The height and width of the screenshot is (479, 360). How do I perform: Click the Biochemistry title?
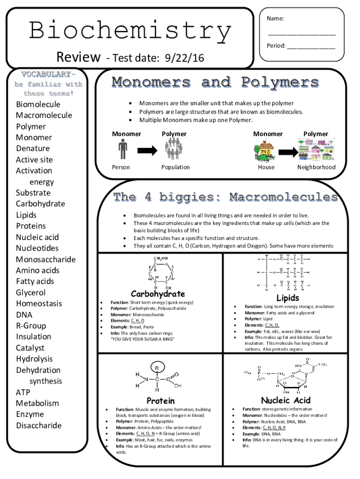click(x=130, y=32)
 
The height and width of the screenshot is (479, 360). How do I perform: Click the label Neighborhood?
click(x=316, y=167)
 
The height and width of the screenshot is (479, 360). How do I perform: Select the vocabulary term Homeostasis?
click(x=39, y=304)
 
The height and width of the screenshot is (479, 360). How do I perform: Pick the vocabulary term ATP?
click(x=23, y=392)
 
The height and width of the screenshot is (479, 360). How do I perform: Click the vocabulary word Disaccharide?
click(x=39, y=426)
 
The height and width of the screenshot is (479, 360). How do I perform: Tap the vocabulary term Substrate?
click(x=33, y=193)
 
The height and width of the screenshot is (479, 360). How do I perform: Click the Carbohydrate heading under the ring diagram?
click(x=158, y=294)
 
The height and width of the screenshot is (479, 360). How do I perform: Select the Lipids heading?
click(x=288, y=298)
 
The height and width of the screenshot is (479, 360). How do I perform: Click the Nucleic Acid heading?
click(x=286, y=400)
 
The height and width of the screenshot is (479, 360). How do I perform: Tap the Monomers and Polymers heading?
click(x=215, y=83)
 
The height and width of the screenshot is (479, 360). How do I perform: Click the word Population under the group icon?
click(x=175, y=167)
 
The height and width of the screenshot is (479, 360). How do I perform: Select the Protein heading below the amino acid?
click(x=161, y=400)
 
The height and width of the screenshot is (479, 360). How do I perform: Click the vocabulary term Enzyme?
click(x=30, y=414)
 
